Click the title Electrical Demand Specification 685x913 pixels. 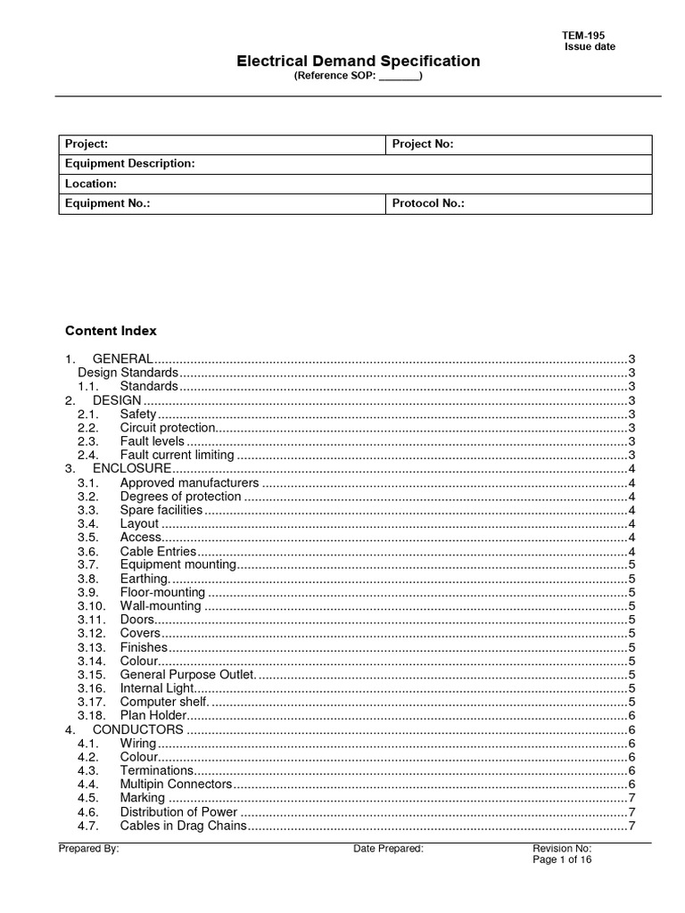click(x=358, y=62)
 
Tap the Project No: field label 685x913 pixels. click(x=423, y=144)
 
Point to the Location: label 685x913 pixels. click(x=91, y=184)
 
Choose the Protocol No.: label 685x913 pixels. click(x=428, y=204)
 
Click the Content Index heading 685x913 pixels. click(x=111, y=331)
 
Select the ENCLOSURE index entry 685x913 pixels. click(x=131, y=468)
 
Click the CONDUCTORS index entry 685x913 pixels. click(x=138, y=729)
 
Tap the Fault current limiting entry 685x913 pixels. click(x=177, y=455)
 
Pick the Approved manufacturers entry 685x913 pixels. click(x=189, y=482)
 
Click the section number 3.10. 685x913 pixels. click(x=92, y=606)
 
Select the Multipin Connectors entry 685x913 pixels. click(x=176, y=784)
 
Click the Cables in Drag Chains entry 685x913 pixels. click(x=182, y=826)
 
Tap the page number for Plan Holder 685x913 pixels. click(x=631, y=715)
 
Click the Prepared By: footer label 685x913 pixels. click(x=89, y=849)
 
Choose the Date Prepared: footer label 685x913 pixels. click(x=388, y=849)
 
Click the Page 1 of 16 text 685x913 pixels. click(x=562, y=860)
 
